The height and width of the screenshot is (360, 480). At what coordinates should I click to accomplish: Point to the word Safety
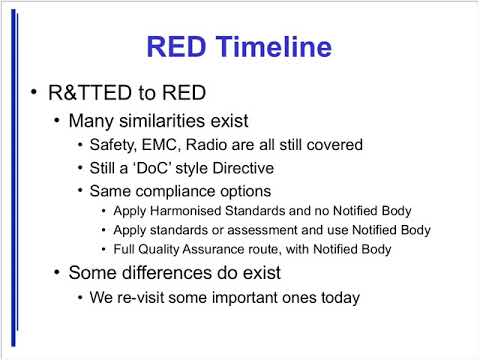pyautogui.click(x=114, y=144)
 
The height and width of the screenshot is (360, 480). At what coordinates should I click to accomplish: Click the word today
pyautogui.click(x=337, y=296)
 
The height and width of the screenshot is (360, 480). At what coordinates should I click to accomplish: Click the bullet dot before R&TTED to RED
pyautogui.click(x=33, y=94)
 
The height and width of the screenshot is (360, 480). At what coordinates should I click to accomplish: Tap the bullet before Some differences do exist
pyautogui.click(x=57, y=273)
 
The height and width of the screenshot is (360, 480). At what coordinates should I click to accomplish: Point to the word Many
pyautogui.click(x=88, y=121)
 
